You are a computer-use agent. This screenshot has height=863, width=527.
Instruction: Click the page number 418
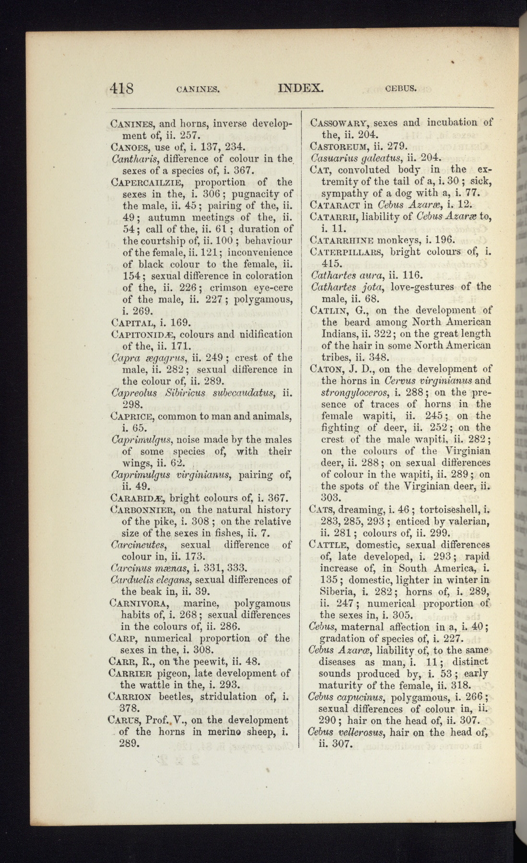(x=122, y=89)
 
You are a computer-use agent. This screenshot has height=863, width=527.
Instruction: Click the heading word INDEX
(x=301, y=88)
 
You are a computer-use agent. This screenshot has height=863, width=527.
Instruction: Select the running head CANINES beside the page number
(x=198, y=89)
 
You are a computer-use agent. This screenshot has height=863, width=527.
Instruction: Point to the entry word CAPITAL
(x=131, y=323)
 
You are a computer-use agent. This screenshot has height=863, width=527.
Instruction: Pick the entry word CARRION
(x=130, y=697)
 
